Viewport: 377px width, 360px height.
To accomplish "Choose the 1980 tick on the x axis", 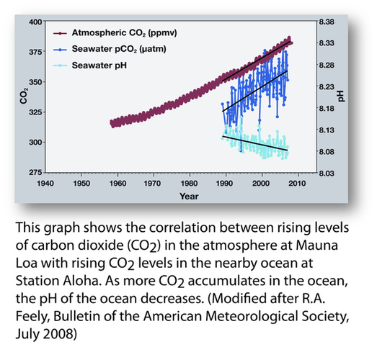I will point(188,183).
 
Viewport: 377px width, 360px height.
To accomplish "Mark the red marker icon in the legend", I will point(63,33).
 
